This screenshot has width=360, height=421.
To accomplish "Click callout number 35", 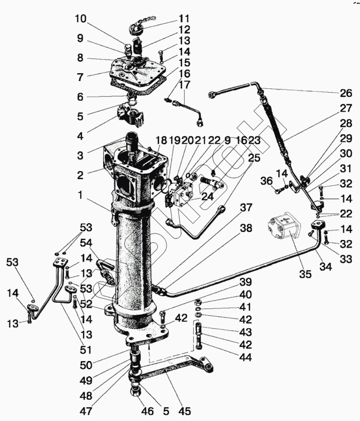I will point(305,273).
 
